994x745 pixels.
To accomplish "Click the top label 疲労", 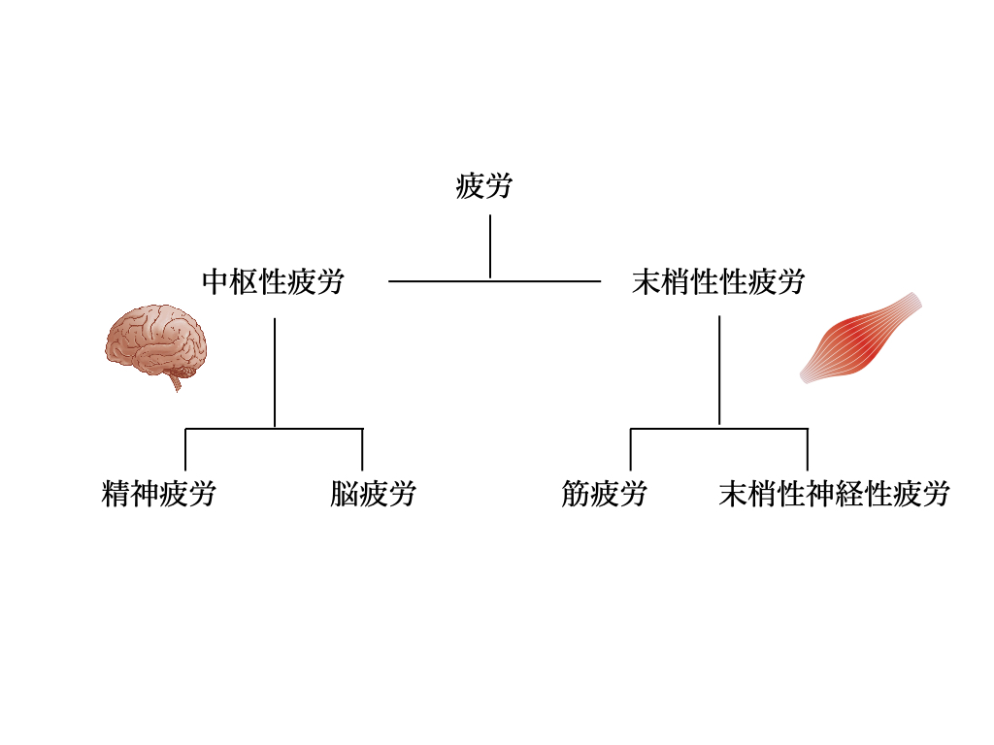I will (x=483, y=185).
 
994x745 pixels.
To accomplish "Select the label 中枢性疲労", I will (x=273, y=282).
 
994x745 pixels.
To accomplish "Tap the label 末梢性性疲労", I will (x=717, y=282).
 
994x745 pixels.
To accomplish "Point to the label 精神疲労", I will (x=158, y=495).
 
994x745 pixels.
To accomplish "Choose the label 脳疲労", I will (x=373, y=495).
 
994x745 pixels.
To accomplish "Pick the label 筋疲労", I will (x=604, y=495).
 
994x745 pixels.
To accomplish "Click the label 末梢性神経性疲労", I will (x=834, y=495).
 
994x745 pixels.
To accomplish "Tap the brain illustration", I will (x=155, y=341).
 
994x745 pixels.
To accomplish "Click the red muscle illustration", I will (x=860, y=339).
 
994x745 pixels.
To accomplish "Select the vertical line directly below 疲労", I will (x=490, y=245).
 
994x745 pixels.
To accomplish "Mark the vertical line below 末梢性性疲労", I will (x=719, y=369).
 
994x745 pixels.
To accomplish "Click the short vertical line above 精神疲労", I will (x=185, y=449).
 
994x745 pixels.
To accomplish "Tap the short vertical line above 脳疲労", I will (x=362, y=449).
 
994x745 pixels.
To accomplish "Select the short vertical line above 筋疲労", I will (x=631, y=449).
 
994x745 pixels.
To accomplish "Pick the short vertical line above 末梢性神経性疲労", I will (x=808, y=449).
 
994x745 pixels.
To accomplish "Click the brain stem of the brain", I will (x=176, y=381).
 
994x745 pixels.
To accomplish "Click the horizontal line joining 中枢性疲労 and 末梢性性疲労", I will (x=437, y=281).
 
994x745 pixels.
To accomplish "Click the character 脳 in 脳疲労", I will (x=344, y=495).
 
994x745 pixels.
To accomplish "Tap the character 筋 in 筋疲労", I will (x=575, y=495).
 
